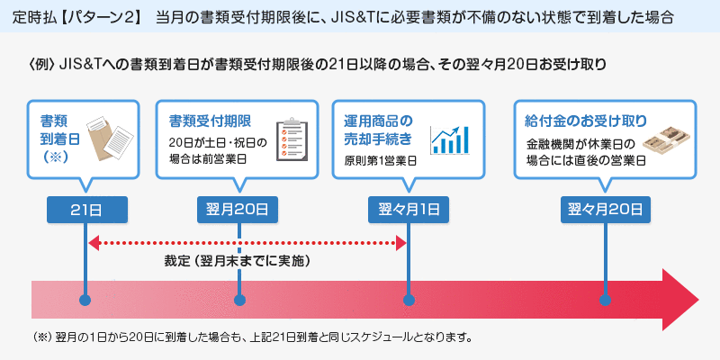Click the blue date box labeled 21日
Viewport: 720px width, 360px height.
pos(85,210)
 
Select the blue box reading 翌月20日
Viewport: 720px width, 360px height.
pos(238,210)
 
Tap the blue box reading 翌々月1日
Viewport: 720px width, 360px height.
pos(409,210)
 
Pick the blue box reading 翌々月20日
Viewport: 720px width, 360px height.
pos(605,210)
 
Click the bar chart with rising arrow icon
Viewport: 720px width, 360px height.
pos(453,139)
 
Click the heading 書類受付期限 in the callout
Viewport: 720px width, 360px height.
pos(210,121)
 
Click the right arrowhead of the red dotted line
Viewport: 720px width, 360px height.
pos(402,241)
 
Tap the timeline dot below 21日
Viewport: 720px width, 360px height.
pos(85,300)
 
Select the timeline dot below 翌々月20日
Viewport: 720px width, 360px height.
pos(605,300)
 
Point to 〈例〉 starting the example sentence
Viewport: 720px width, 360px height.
pos(41,65)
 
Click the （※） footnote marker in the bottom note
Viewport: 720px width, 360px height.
pos(41,338)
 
